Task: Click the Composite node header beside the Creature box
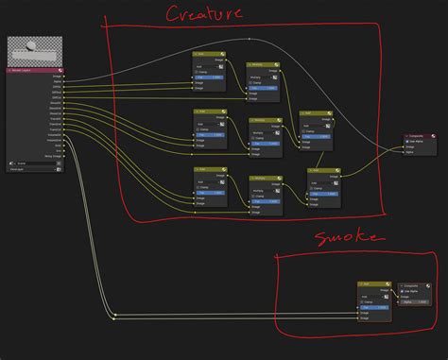[418, 137]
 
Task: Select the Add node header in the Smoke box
[374, 283]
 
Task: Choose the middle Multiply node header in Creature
[265, 120]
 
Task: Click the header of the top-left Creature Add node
[207, 56]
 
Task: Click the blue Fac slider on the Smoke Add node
[374, 306]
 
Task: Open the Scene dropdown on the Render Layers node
[33, 163]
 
